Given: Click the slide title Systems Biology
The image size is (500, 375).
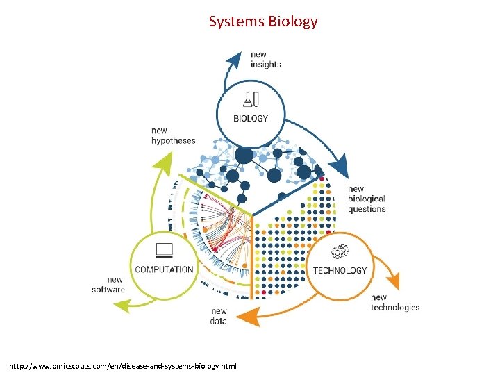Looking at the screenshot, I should click(x=263, y=22).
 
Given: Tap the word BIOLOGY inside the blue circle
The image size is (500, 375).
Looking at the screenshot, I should click(x=250, y=119).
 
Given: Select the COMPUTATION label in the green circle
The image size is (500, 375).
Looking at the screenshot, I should click(x=164, y=269).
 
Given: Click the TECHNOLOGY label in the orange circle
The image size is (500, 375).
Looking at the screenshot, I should click(x=340, y=270).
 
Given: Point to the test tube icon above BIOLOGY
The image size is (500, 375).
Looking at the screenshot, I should click(x=250, y=101).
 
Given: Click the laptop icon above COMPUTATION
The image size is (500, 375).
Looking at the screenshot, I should click(x=165, y=250).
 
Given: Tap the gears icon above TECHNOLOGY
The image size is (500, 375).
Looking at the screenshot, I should click(x=340, y=251).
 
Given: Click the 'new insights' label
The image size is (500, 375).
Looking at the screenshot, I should click(x=265, y=60).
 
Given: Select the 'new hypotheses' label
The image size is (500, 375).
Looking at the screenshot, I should click(x=173, y=135).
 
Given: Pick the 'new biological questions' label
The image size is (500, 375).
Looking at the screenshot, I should click(x=366, y=199).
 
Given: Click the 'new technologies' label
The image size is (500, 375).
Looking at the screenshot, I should click(x=394, y=303).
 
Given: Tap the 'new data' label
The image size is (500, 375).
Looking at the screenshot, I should click(x=218, y=317).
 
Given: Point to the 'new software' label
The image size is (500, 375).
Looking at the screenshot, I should click(x=108, y=285).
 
